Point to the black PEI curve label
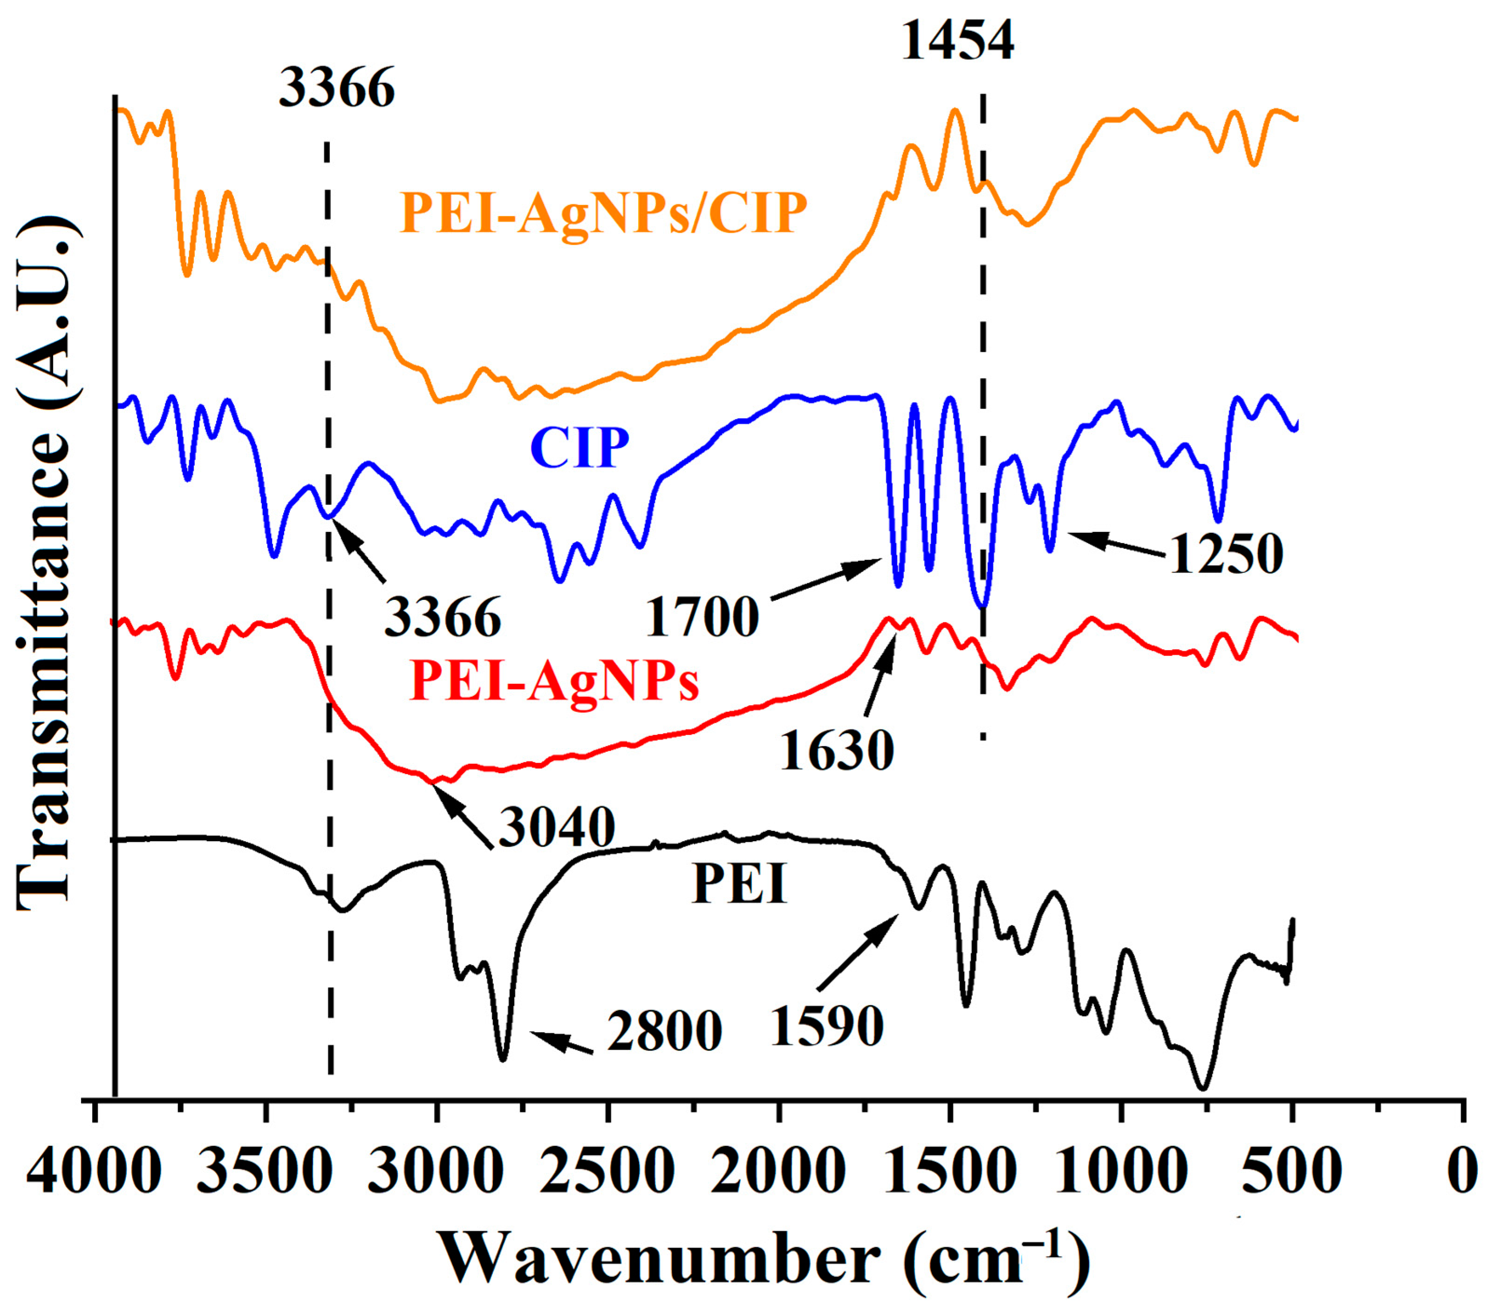740,884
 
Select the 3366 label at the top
337,88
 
